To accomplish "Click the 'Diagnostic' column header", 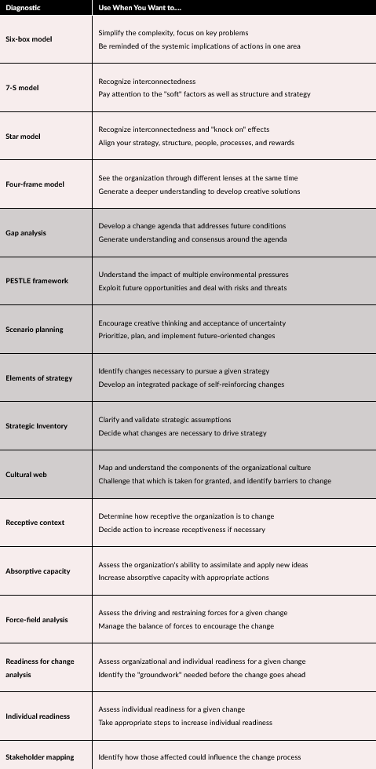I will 23,7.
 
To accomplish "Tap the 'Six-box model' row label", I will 29,39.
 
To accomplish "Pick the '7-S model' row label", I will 22,88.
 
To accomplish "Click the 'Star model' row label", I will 23,137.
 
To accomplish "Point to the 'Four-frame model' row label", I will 35,184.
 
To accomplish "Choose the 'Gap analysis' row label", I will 27,233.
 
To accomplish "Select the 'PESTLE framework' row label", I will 37,281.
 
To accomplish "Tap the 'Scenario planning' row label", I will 34,330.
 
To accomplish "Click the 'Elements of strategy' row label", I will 38,378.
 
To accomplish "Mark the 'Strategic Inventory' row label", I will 36,426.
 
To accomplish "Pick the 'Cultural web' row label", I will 25,475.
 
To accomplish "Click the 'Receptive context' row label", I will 35,523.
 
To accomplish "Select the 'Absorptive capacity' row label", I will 38,571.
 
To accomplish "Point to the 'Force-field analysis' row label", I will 38,620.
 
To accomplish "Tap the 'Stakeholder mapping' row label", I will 39,757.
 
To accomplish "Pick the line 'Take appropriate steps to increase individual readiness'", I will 184,723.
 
